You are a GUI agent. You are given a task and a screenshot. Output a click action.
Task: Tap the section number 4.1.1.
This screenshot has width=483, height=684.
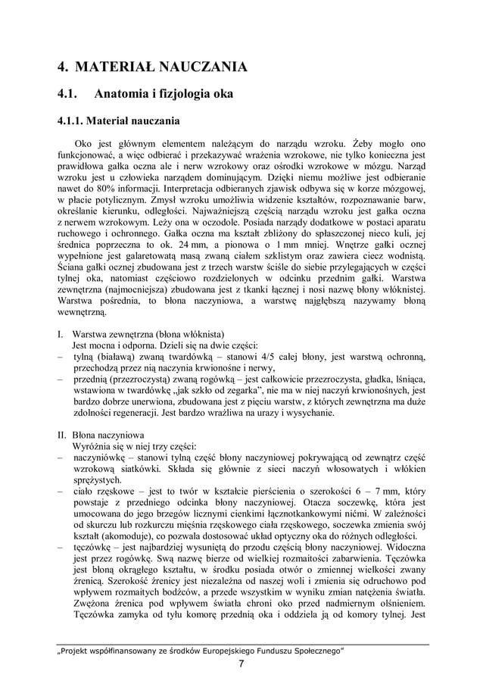point(71,120)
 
